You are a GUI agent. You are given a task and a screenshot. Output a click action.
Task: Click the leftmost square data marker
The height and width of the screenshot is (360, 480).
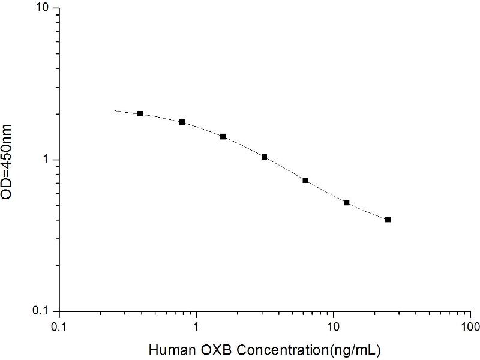point(140,113)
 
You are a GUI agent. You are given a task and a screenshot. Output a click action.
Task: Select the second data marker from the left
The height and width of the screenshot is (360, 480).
point(182,122)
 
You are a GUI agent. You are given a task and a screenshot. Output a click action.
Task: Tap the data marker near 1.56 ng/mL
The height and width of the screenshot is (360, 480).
point(223,136)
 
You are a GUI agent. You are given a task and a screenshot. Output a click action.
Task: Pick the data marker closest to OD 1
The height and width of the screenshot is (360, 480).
point(264,157)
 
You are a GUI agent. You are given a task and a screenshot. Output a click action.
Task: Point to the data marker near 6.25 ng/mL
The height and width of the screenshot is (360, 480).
point(305,180)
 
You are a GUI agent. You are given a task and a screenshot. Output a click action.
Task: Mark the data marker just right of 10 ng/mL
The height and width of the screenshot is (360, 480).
point(346,202)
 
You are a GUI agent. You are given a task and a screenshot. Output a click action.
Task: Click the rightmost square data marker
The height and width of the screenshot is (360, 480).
point(388,220)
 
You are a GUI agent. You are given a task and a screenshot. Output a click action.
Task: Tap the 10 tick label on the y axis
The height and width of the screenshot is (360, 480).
point(45,8)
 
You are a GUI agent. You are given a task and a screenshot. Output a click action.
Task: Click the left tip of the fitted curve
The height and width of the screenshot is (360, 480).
point(115,110)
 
